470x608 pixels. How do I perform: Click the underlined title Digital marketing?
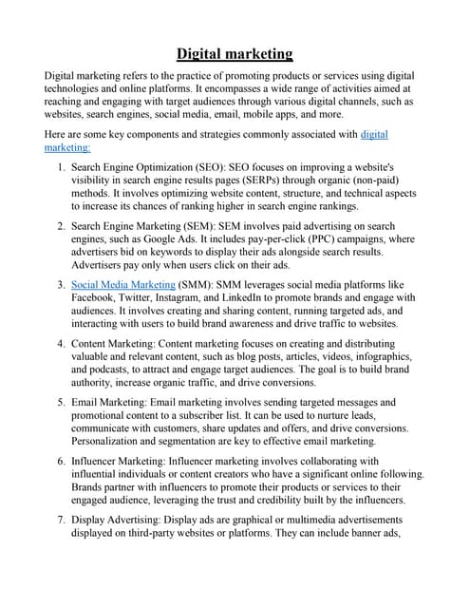235,53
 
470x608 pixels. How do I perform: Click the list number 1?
60,166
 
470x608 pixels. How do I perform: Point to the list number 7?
60,520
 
